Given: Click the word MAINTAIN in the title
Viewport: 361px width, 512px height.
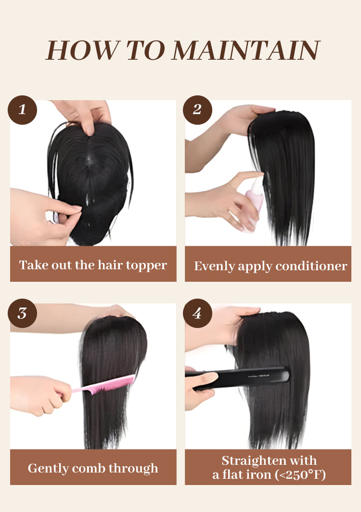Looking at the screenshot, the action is coord(245,50).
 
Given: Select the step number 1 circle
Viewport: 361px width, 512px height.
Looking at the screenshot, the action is coord(22,110).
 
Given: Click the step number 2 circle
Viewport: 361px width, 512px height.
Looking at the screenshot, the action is coord(197,110).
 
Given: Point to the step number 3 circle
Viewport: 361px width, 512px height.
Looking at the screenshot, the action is coord(22,313).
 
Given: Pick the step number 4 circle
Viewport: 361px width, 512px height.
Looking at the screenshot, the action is coord(197,313).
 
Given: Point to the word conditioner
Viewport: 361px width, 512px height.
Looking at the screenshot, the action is coord(311,266).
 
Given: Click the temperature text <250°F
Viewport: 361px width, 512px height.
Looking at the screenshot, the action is coord(300,474).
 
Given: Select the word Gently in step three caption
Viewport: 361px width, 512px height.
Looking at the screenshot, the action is coord(48,469).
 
